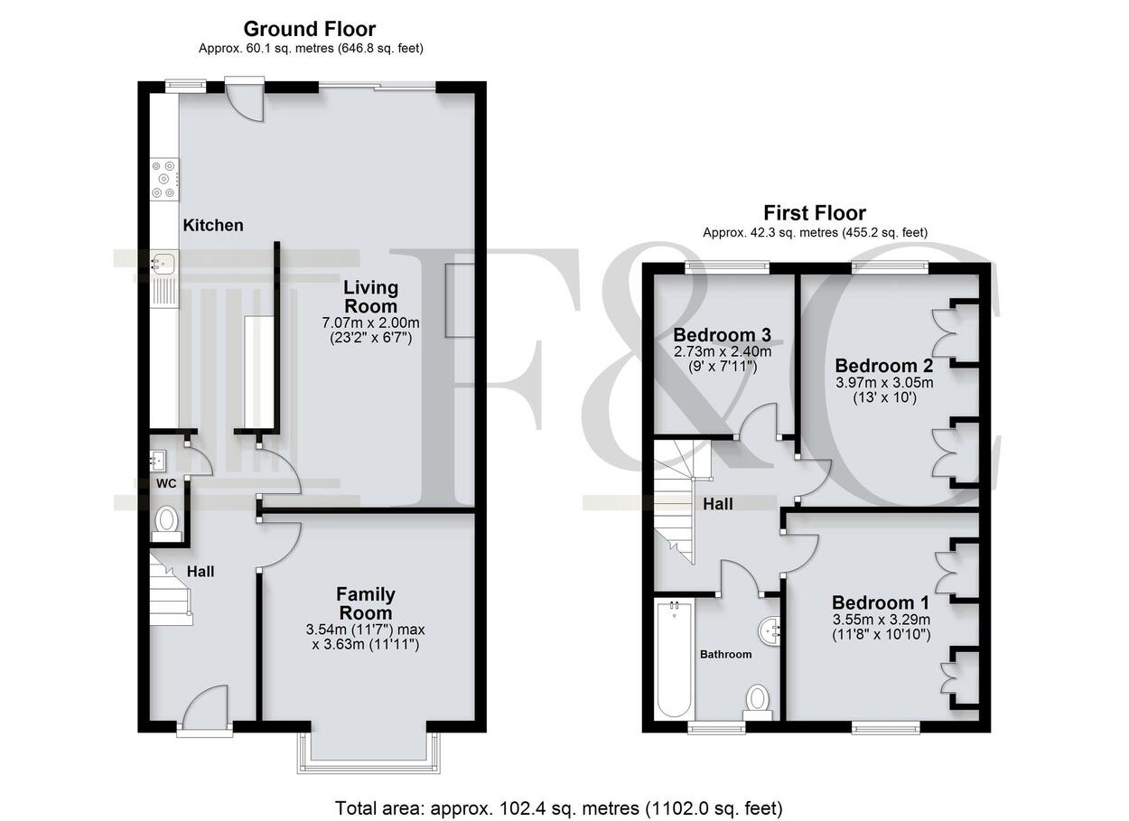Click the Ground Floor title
(x=310, y=29)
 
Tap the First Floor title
(x=815, y=213)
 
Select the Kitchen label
(x=212, y=225)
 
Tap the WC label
(x=166, y=484)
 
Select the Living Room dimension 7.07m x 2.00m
(x=370, y=322)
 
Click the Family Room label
(x=366, y=603)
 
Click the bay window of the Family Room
(x=369, y=752)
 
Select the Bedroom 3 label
(x=723, y=335)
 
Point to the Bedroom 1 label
(x=881, y=602)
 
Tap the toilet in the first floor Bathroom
(x=758, y=702)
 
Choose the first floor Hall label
(x=718, y=503)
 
